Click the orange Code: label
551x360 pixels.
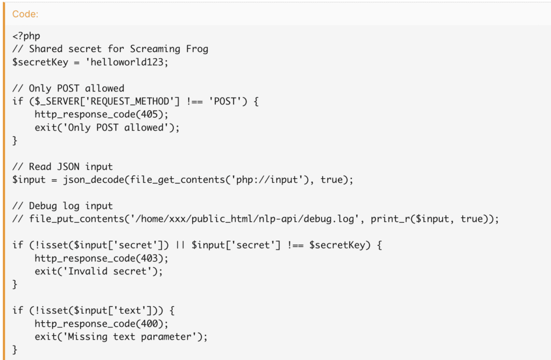(x=25, y=14)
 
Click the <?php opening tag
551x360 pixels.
(x=26, y=36)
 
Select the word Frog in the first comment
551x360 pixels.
(x=197, y=49)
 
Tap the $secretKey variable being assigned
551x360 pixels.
(x=40, y=62)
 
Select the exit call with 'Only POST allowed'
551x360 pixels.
(x=107, y=128)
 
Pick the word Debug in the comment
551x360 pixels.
(x=43, y=206)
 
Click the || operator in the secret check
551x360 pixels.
(x=180, y=245)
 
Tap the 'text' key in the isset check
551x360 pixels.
(x=130, y=310)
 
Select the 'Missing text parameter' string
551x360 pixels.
(x=130, y=337)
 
